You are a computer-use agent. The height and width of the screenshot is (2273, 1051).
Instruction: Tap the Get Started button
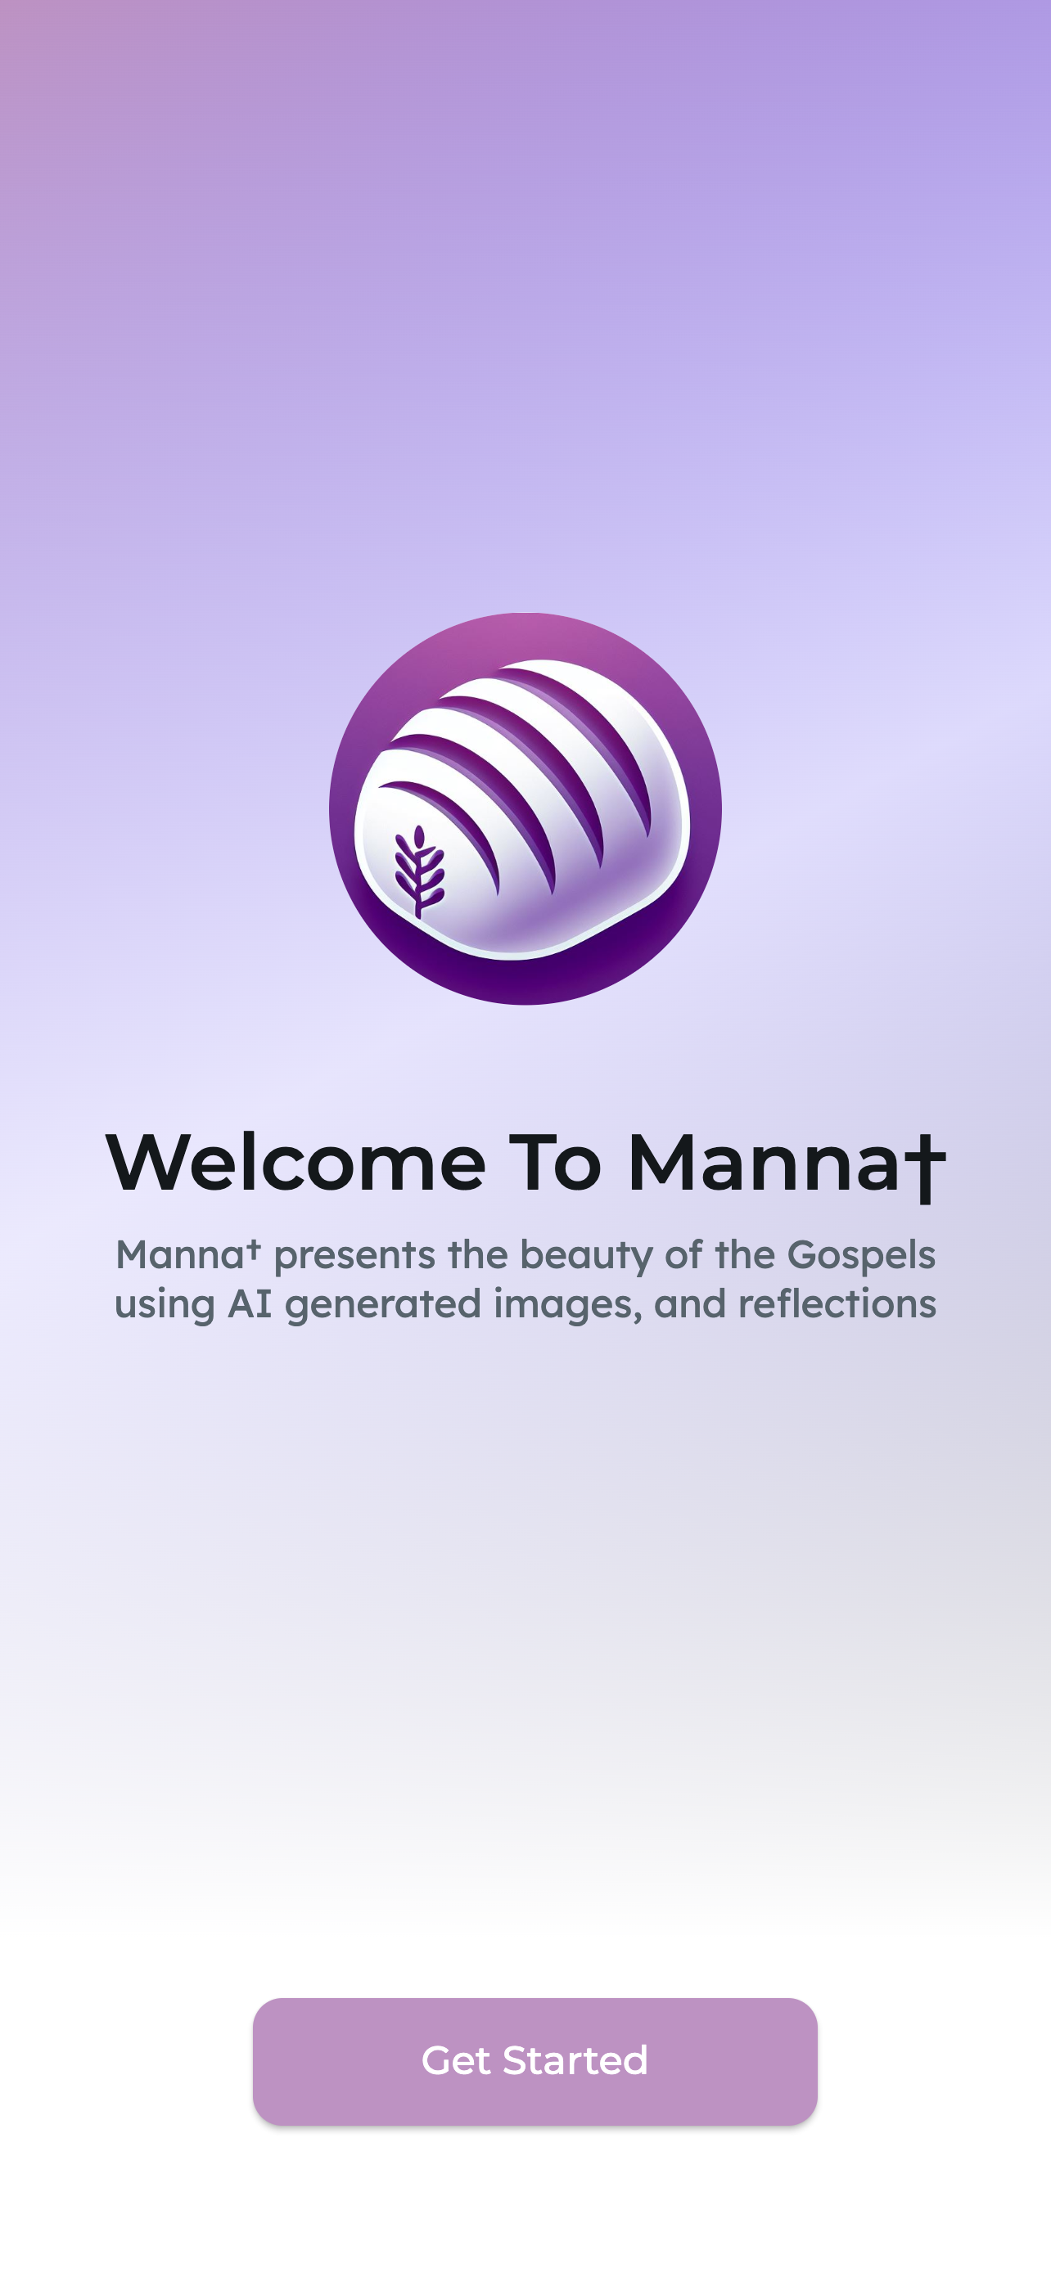[x=535, y=2061]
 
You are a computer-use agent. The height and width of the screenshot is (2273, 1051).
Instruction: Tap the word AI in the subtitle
[x=250, y=1303]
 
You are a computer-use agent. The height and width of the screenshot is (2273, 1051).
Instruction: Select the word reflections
[x=837, y=1303]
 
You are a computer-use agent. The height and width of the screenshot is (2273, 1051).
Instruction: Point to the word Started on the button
[x=575, y=2061]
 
